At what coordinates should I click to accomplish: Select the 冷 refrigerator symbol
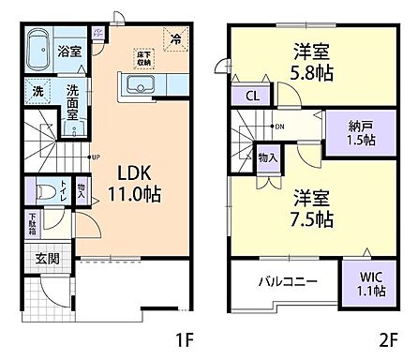pos(175,38)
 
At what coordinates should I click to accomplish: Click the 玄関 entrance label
pos(48,258)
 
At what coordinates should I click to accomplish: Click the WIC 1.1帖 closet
pos(365,284)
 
